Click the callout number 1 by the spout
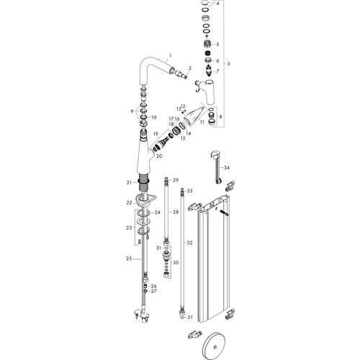pos(171,55)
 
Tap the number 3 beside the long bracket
pos(228,63)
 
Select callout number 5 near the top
pos(217,44)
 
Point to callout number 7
pos(217,71)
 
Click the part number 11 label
pos(202,122)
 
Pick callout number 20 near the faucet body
pos(159,156)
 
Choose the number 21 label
pos(129,183)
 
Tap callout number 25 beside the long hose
pos(129,258)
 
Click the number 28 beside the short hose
pos(176,212)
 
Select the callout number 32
pos(189,243)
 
